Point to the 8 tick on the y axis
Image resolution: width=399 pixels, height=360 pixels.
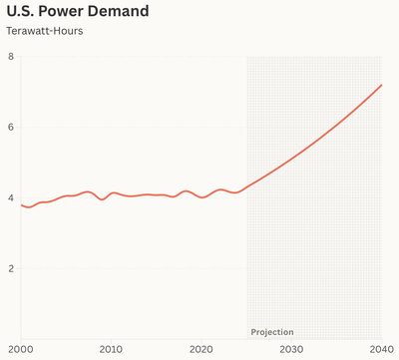[x=11, y=57]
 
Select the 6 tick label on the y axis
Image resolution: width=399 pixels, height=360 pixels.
[x=11, y=128]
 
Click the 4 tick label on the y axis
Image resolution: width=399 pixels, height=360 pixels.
[x=11, y=198]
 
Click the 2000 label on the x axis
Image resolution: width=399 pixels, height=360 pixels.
[x=20, y=349]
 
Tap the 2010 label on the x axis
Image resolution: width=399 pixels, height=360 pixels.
[x=111, y=349]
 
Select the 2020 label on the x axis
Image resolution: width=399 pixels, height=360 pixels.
[x=201, y=349]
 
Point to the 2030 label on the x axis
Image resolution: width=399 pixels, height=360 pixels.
[x=291, y=349]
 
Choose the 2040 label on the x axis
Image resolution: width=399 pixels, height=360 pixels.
[x=381, y=349]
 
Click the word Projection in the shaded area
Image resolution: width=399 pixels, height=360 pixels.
[x=272, y=331]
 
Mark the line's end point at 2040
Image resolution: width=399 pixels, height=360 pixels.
[x=382, y=85]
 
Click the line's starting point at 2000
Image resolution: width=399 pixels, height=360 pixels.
[x=21, y=204]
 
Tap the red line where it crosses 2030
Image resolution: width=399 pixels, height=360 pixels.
[x=291, y=158]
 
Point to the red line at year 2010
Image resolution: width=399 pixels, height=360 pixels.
[x=111, y=193]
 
